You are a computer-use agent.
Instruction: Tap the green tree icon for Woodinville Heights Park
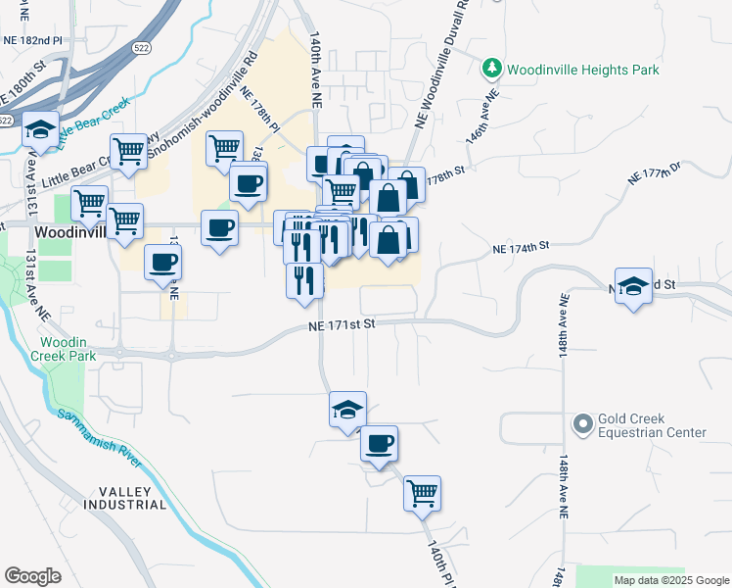pyautogui.click(x=492, y=69)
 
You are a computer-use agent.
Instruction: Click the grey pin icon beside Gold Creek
pyautogui.click(x=583, y=424)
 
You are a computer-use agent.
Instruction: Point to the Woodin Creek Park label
pyautogui.click(x=69, y=349)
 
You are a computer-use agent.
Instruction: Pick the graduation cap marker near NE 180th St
pyautogui.click(x=40, y=130)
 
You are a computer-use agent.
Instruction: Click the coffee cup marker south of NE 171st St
pyautogui.click(x=380, y=443)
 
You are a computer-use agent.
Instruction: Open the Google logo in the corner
pyautogui.click(x=32, y=576)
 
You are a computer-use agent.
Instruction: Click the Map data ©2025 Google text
pyautogui.click(x=671, y=580)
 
